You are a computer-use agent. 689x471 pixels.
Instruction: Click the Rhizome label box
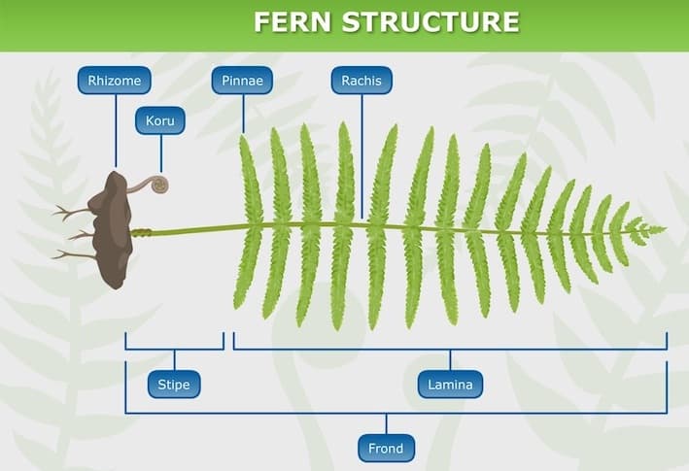(x=116, y=81)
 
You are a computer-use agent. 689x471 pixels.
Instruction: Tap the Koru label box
(x=160, y=121)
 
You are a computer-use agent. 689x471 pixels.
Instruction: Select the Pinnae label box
(x=242, y=81)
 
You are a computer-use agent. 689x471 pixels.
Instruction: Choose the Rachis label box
(x=362, y=81)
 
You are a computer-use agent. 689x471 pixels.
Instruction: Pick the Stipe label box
(x=174, y=385)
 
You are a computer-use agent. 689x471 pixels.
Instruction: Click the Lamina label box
(x=450, y=385)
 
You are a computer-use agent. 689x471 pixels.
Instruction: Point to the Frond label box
(x=386, y=448)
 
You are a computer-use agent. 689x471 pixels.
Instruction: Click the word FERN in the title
(x=295, y=22)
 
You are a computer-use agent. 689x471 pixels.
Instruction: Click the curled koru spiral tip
(x=159, y=184)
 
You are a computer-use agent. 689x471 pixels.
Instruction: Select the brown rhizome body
(x=113, y=228)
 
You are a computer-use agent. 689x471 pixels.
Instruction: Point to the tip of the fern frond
(x=663, y=230)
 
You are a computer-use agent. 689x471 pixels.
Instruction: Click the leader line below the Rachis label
(x=362, y=155)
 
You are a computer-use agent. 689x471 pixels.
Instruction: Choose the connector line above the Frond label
(x=386, y=424)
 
